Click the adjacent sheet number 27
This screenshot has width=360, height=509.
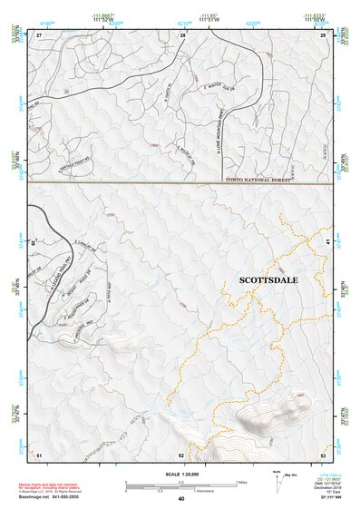[39, 34]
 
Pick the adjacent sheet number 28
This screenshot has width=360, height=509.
[182, 34]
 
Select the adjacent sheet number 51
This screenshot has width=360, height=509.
[39, 454]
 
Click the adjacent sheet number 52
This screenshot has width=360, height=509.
[181, 454]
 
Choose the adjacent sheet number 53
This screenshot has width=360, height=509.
[323, 454]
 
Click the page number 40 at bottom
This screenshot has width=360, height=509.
[181, 499]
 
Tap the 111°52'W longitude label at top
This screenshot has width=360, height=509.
[102, 19]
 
